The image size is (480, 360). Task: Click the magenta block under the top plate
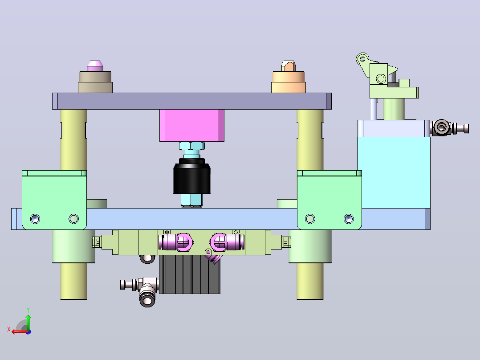point(191,125)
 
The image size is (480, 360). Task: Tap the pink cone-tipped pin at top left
point(95,66)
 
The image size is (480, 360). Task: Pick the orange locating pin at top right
point(289,66)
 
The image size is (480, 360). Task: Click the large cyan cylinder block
point(394,172)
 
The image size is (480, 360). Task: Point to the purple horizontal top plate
point(191,101)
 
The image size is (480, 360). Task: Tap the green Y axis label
point(28,310)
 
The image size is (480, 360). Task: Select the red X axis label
point(9,329)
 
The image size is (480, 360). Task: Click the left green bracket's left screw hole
point(35,219)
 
